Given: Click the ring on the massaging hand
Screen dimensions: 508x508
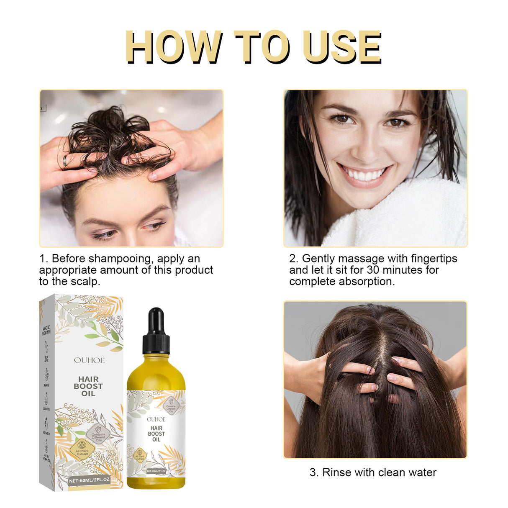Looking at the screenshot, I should (x=65, y=161).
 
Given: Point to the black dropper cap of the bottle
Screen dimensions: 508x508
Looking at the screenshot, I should (x=156, y=331).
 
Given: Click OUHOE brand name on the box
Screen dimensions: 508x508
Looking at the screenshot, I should (x=89, y=360).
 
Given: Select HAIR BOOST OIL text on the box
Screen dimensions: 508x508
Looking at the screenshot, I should (x=88, y=386).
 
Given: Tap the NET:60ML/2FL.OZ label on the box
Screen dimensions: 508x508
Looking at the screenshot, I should (x=89, y=480).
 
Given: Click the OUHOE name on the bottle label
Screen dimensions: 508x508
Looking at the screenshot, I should (x=156, y=419).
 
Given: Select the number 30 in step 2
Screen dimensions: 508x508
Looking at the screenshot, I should (x=373, y=270).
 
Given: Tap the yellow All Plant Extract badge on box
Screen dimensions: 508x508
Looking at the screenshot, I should (x=82, y=452).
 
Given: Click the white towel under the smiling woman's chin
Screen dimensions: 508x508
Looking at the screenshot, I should (x=398, y=218).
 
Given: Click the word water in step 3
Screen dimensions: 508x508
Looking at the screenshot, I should (x=421, y=472).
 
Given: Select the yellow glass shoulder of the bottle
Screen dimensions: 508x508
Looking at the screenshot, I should (x=156, y=364).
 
